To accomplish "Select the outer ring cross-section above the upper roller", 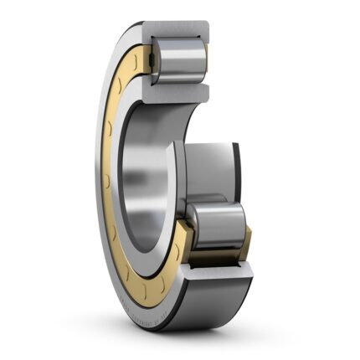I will [177, 32].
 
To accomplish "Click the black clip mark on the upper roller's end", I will [203, 59].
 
